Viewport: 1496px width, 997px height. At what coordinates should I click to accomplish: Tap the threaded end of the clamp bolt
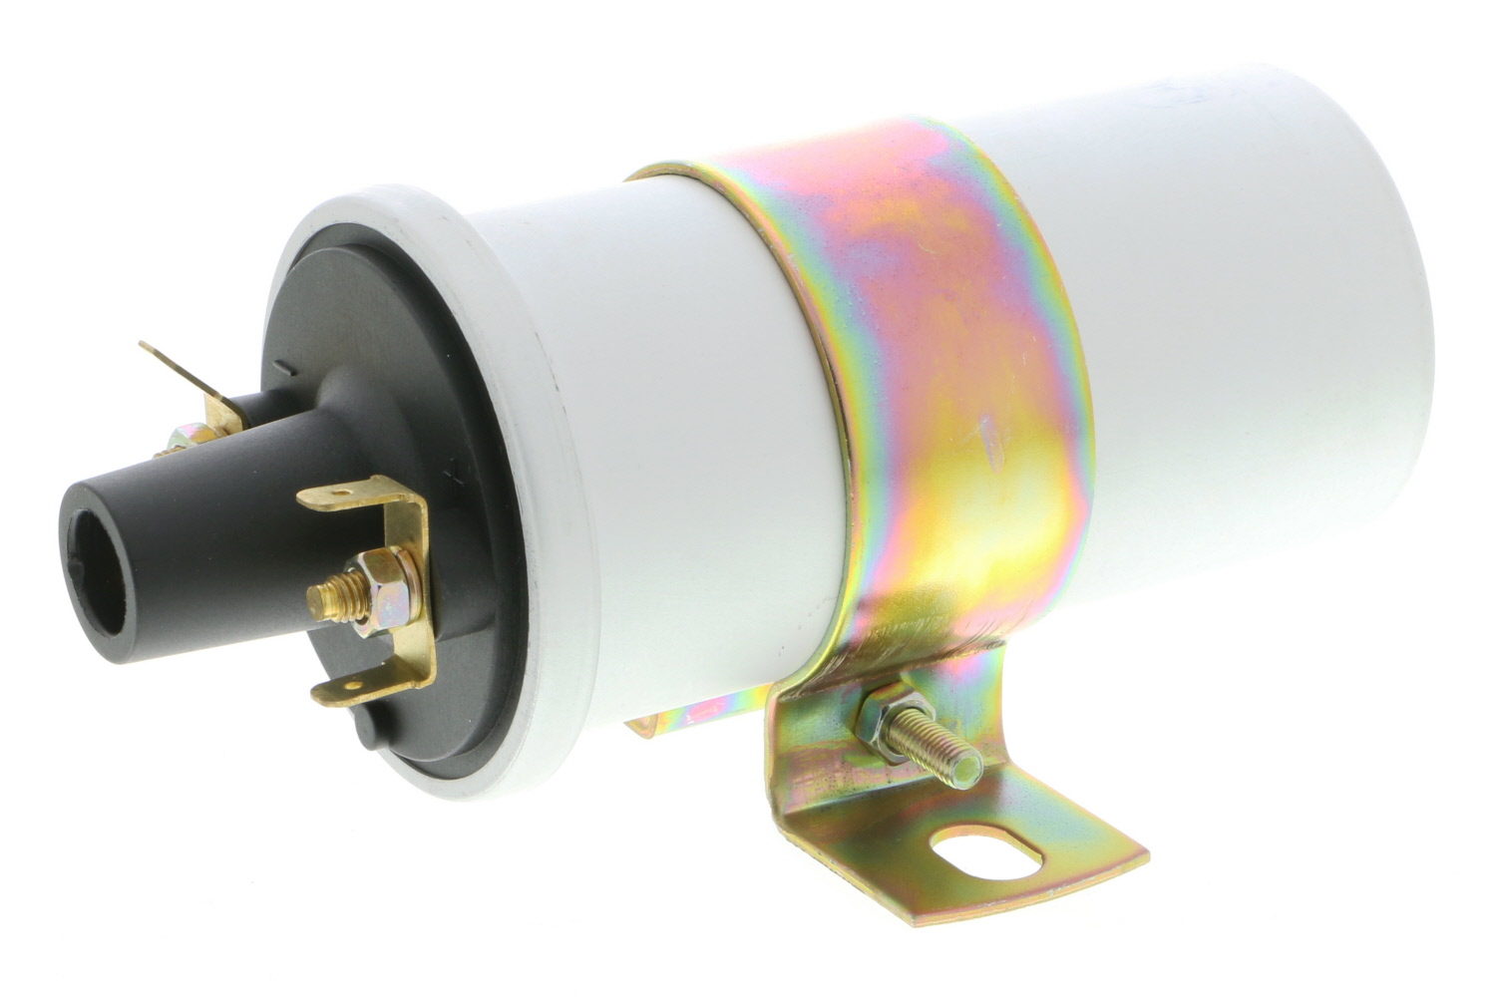(x=958, y=759)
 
